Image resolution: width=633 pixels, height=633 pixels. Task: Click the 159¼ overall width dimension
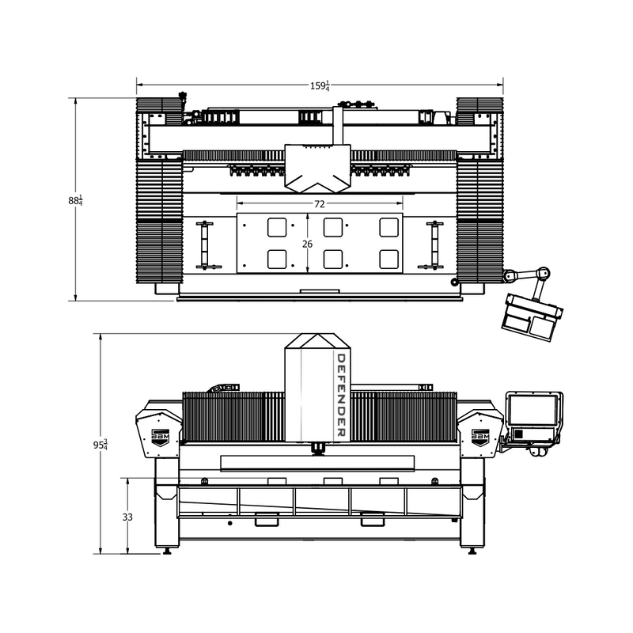(320, 86)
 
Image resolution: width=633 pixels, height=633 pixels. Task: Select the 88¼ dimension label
(75, 200)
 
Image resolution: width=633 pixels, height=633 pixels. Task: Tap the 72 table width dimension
(320, 204)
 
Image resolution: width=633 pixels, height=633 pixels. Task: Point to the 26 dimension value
(307, 244)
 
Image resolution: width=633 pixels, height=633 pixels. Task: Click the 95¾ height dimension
(100, 445)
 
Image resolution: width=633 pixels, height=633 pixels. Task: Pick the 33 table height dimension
(127, 517)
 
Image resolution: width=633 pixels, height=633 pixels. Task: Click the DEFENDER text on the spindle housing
(341, 395)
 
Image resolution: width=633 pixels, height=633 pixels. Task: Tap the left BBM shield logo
(160, 438)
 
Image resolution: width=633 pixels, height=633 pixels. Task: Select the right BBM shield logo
(480, 438)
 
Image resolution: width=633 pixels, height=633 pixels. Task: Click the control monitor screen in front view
(533, 410)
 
